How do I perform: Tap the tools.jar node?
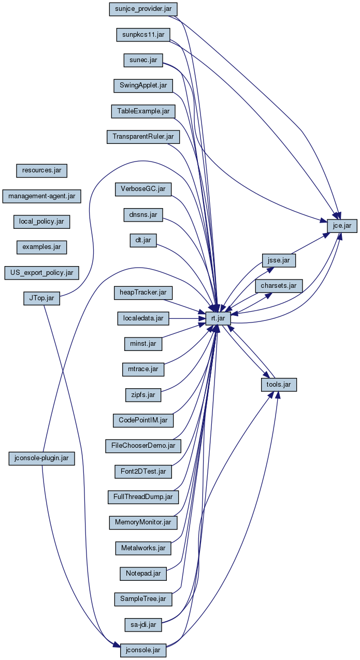click(279, 385)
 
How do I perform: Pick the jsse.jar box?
click(279, 260)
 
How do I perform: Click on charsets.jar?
click(279, 285)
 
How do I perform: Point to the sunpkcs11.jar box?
click(143, 34)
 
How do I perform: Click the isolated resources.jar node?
click(41, 170)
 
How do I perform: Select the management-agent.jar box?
click(41, 196)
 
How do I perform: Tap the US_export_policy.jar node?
click(41, 272)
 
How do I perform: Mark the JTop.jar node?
click(41, 298)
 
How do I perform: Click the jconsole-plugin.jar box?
click(42, 458)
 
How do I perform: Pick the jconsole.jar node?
click(143, 649)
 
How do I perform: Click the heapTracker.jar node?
click(143, 293)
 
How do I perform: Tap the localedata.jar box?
click(143, 318)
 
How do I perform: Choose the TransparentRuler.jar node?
click(143, 137)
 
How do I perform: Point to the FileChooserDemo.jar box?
click(143, 445)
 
